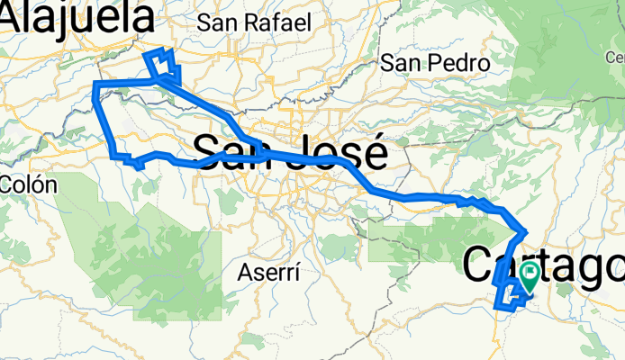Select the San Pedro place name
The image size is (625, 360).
tap(434, 63)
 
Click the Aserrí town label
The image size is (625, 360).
tap(269, 271)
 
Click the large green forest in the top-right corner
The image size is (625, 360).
tap(567, 54)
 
